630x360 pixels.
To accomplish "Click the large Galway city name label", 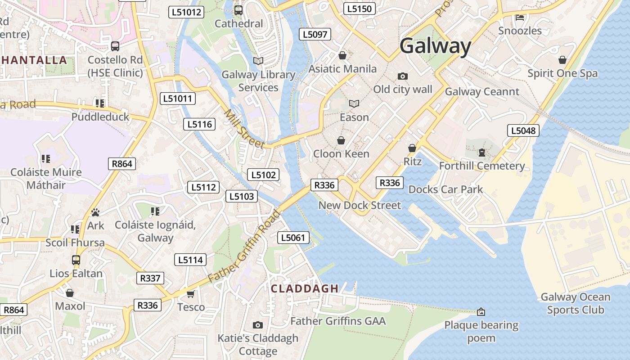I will pyautogui.click(x=435, y=46).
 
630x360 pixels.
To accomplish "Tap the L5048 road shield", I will pyautogui.click(x=523, y=130).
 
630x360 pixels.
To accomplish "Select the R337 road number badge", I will pyautogui.click(x=150, y=278).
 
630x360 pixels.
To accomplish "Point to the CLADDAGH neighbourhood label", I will pyautogui.click(x=305, y=289).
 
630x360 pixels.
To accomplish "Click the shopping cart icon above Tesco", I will pyautogui.click(x=190, y=294).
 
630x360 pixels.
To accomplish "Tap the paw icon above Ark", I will pyautogui.click(x=95, y=212).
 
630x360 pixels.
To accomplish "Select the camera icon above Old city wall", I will pyautogui.click(x=403, y=76).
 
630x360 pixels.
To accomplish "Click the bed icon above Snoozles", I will pyautogui.click(x=520, y=18).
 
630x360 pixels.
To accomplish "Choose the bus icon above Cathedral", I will pyautogui.click(x=238, y=10).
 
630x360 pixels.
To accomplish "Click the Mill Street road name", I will pyautogui.click(x=244, y=129).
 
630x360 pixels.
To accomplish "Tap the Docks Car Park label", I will pyautogui.click(x=445, y=189).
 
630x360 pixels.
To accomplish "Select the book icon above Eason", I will pyautogui.click(x=354, y=104).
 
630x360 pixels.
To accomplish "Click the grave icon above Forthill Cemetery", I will pyautogui.click(x=482, y=153).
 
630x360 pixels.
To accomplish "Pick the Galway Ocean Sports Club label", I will pyautogui.click(x=575, y=303).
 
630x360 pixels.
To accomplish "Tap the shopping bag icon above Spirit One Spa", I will pyautogui.click(x=562, y=60).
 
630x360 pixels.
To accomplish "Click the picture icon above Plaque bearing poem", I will pyautogui.click(x=481, y=312).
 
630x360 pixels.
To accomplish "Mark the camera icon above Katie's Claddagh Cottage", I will pyautogui.click(x=258, y=325).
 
